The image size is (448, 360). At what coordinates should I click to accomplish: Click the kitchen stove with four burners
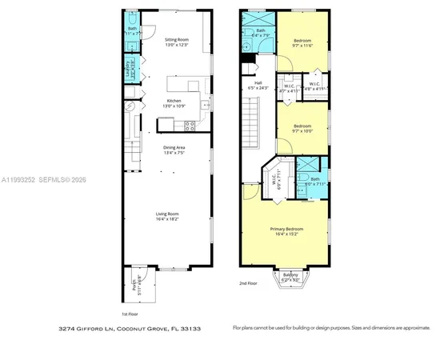point(190,124)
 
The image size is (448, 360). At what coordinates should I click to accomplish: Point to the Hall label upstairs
point(258,82)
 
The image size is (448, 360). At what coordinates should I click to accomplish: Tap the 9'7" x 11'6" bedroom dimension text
point(302,46)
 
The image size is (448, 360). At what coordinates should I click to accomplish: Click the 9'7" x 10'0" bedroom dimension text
point(302,130)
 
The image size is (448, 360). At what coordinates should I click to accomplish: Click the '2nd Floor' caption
point(249,283)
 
